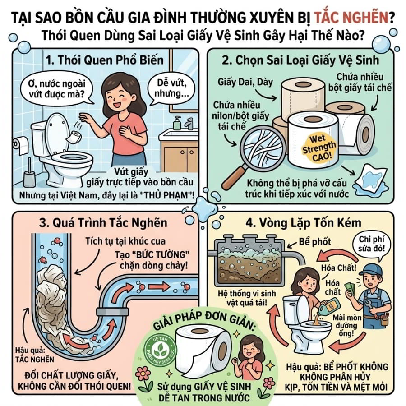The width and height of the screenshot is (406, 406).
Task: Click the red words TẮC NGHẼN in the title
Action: [x=351, y=17]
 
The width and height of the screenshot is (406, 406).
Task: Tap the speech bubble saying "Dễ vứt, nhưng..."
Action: [x=171, y=88]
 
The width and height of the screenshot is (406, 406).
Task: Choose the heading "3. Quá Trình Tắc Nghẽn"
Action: [x=103, y=223]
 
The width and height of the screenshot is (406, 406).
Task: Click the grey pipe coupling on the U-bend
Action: [x=112, y=311]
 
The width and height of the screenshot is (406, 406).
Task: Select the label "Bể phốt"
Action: [x=314, y=242]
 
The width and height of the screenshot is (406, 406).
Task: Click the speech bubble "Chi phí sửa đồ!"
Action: [x=372, y=245]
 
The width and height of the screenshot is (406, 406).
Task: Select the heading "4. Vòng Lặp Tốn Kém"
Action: [x=303, y=223]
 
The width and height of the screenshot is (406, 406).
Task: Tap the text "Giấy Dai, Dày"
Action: [x=245, y=82]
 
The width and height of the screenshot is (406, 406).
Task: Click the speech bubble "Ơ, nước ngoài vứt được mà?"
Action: [x=57, y=88]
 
